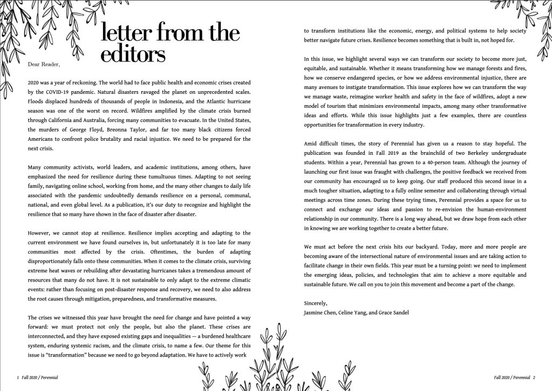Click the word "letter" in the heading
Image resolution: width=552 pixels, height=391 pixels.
(x=124, y=33)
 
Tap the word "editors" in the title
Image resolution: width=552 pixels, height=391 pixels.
(x=133, y=54)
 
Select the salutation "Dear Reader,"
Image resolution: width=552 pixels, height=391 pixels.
(x=44, y=64)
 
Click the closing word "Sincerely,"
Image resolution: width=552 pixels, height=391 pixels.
(x=316, y=303)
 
